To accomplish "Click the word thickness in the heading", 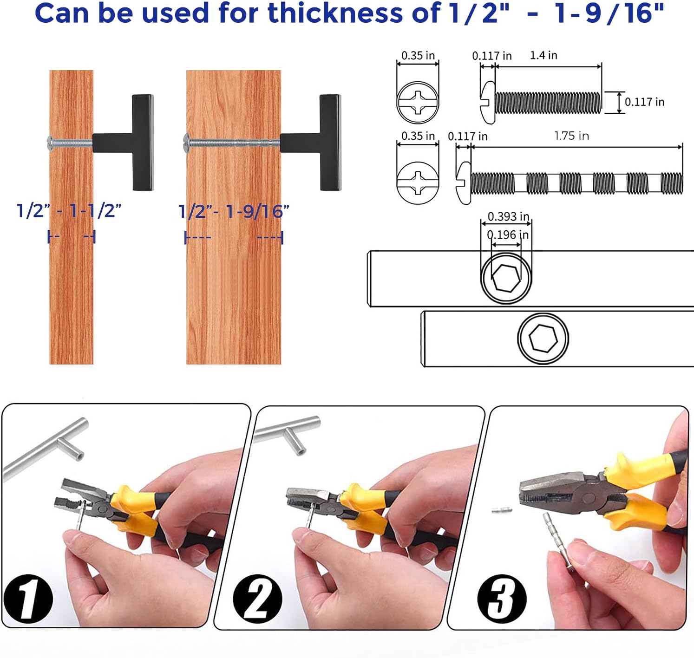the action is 335,13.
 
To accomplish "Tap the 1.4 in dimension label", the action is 543,55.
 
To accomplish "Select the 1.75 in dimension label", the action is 571,136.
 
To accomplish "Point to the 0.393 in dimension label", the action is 508,216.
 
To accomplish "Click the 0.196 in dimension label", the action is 508,235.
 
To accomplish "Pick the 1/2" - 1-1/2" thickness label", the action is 69,211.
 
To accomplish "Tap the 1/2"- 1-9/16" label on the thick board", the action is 234,212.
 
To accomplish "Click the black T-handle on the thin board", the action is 123,142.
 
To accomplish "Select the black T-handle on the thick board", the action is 311,142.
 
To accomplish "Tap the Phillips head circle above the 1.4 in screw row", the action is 418,102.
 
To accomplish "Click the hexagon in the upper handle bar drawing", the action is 506,278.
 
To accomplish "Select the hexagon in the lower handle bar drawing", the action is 543,338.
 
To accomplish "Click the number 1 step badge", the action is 28,599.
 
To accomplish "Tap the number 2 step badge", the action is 258,598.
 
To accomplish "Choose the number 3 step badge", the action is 502,599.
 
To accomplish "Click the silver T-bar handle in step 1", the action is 46,448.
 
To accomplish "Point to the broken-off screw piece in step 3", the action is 502,510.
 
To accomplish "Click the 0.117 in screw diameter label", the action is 645,102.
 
